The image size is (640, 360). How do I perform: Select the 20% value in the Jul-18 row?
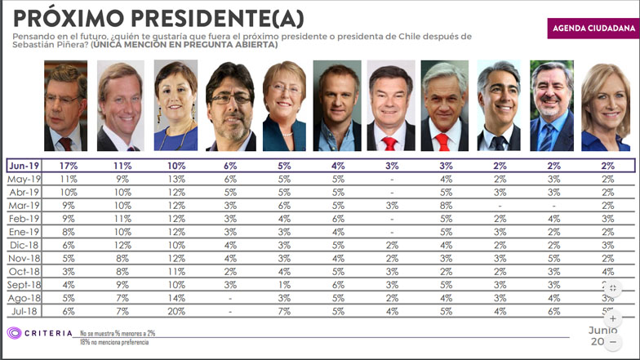point(176,311)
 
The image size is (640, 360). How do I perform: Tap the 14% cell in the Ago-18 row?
point(176,298)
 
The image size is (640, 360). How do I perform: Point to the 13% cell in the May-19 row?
point(176,179)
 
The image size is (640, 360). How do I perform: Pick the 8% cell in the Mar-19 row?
point(444,206)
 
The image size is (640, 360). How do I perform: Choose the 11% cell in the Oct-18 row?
point(176,272)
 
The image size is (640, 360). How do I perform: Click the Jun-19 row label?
point(24,166)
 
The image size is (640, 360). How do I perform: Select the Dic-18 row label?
point(24,245)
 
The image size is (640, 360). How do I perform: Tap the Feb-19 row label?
point(24,219)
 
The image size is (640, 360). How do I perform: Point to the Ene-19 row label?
point(24,232)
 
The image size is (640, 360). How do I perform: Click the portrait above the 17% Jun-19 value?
point(65,107)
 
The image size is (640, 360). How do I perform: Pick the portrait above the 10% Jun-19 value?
point(176,107)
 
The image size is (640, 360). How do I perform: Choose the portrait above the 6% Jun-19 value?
point(230,107)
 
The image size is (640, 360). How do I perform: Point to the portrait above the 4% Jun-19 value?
point(337,107)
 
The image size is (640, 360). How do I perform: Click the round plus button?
point(626,318)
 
